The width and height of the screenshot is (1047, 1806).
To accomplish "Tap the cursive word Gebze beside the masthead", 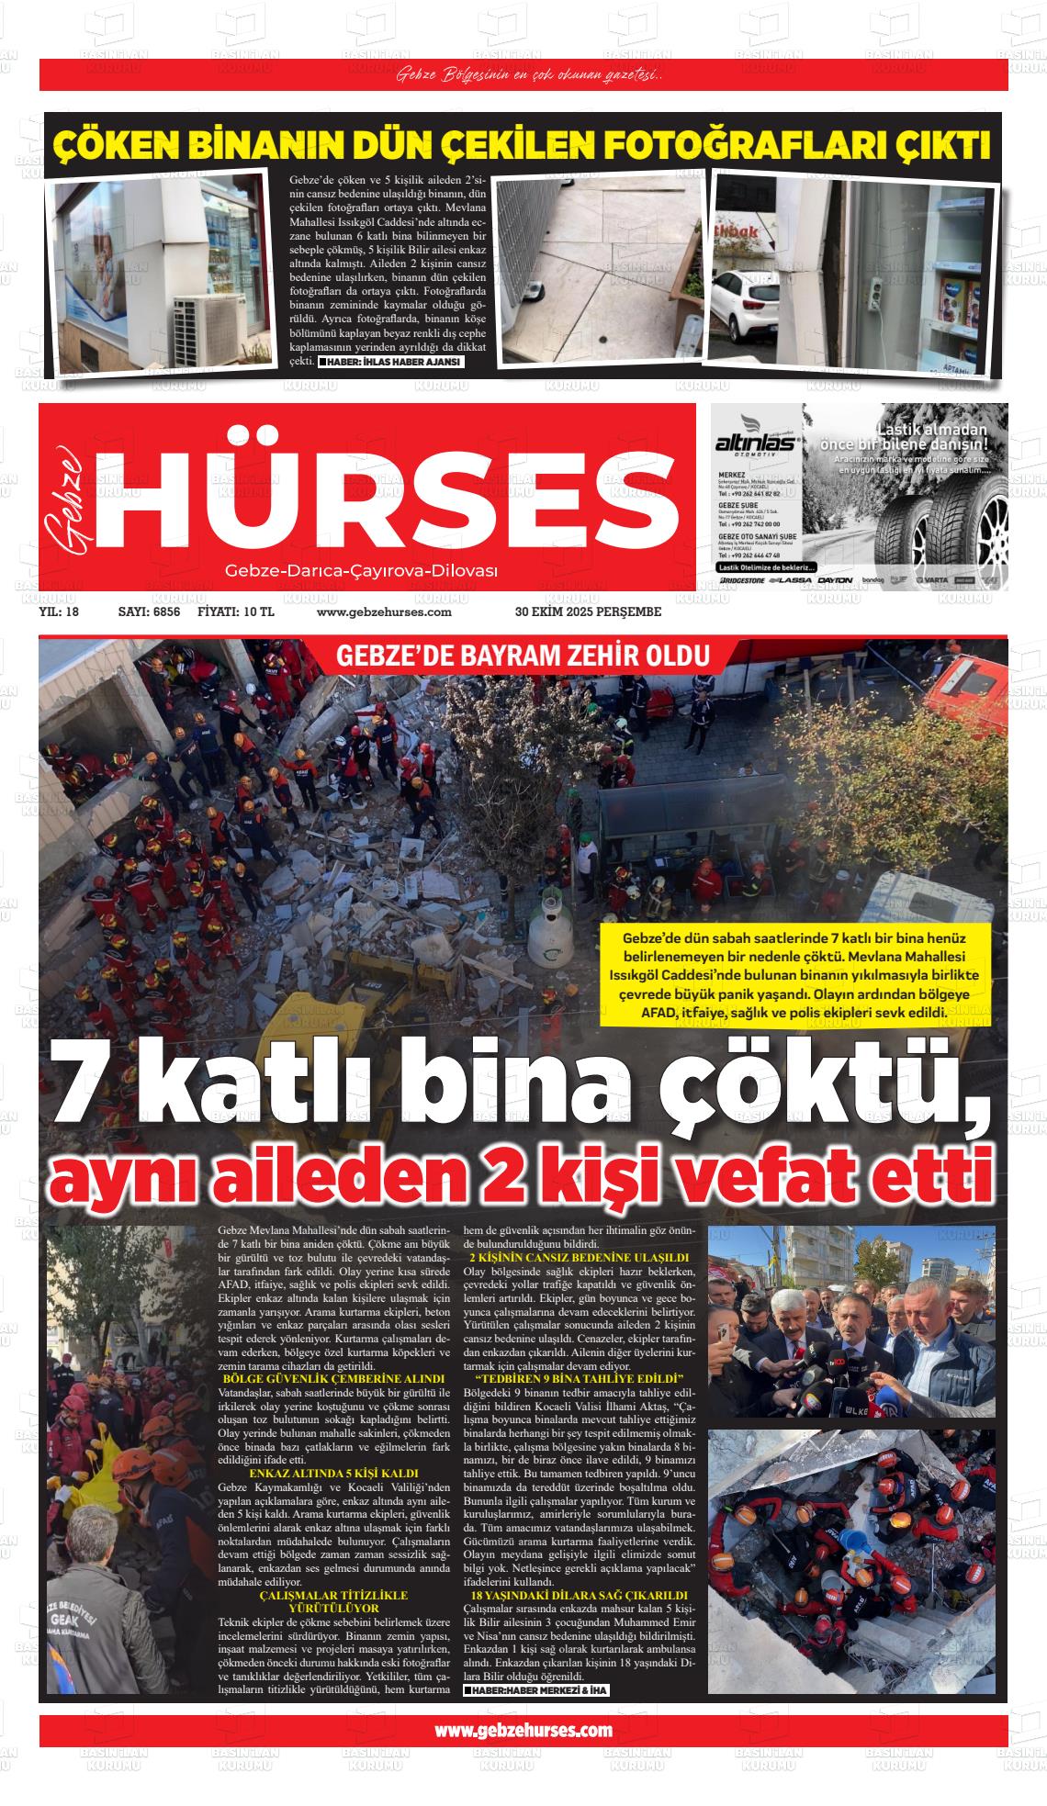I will (x=66, y=500).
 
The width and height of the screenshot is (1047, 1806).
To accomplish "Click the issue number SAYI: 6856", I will (x=149, y=612).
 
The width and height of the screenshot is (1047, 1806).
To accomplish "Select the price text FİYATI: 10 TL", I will (x=236, y=612).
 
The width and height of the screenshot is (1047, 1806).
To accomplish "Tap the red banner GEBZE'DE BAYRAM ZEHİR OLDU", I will (x=523, y=657).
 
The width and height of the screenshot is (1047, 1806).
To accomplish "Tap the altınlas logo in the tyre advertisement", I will (x=755, y=443).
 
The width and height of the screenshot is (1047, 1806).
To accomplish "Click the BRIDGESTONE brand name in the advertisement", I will (x=742, y=580).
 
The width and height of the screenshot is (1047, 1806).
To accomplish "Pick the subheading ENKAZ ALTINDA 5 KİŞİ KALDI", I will (x=333, y=1474).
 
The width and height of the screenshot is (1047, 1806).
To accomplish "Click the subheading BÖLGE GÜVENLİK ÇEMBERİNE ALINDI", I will (x=333, y=1379).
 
